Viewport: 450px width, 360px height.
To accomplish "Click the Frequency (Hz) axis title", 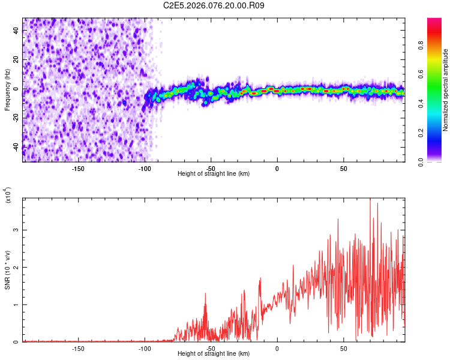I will [x=7, y=90].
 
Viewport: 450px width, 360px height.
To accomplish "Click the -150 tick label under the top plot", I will [x=78, y=168].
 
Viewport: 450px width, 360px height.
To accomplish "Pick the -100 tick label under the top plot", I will [x=145, y=168].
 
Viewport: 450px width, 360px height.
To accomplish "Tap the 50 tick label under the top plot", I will [x=343, y=168].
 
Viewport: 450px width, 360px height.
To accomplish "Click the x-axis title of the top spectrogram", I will [x=214, y=174].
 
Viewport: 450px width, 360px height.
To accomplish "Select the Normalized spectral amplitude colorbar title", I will [x=445, y=90].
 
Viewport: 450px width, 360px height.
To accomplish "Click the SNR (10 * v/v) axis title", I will [x=7, y=270].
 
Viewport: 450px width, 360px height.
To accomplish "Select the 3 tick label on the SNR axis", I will [x=17, y=230].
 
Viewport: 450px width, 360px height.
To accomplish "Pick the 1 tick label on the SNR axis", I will [x=17, y=305].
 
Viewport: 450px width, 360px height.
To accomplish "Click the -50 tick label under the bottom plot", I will [x=211, y=348].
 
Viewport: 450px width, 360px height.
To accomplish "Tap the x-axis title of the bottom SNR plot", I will [x=214, y=354].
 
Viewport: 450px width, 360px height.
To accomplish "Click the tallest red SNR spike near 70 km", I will [x=370, y=200].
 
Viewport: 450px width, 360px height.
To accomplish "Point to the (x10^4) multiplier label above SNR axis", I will [x=7, y=194].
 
